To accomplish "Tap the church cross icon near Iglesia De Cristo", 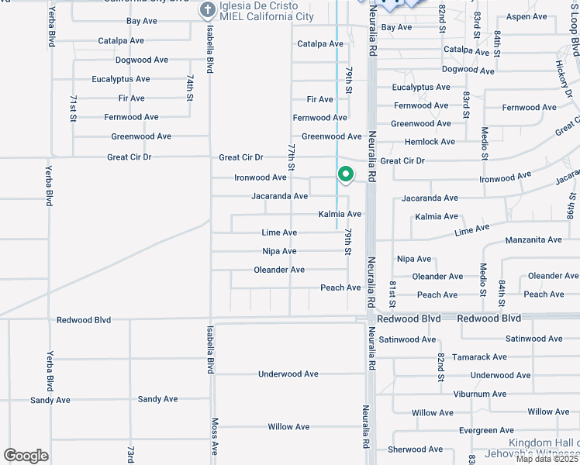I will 207,10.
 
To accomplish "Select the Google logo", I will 26,455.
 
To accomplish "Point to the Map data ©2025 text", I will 547,459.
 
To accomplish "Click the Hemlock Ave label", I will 430,142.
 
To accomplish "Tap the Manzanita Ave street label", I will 533,240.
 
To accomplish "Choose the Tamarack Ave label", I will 480,357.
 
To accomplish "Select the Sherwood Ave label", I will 416,449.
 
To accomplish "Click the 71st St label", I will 73,108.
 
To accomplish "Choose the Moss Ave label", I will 215,437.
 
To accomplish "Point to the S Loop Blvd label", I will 575,35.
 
